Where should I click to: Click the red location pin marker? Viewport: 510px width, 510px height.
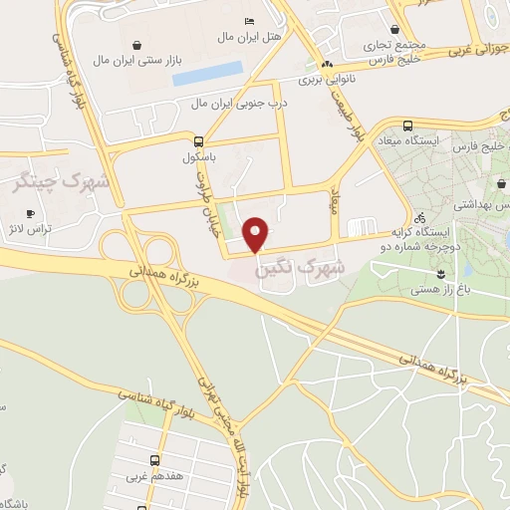(x=257, y=234)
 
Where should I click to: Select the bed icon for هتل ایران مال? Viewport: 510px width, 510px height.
(x=249, y=21)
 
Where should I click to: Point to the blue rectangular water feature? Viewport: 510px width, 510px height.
(x=207, y=71)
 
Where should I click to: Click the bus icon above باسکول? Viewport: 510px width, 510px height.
(x=198, y=140)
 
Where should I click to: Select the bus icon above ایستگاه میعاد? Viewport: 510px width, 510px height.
(x=408, y=126)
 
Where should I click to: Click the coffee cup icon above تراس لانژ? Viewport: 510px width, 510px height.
(x=30, y=213)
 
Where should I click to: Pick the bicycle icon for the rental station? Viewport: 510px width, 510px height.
(x=419, y=217)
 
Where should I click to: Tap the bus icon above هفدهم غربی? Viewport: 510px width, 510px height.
(x=154, y=460)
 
